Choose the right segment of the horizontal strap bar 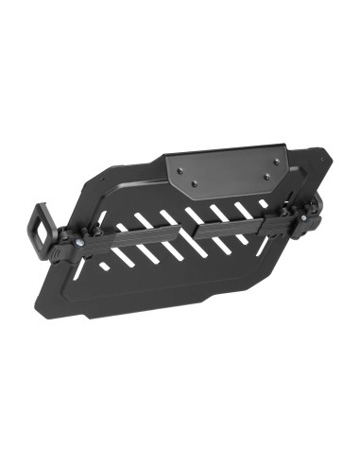tap(236, 225)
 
